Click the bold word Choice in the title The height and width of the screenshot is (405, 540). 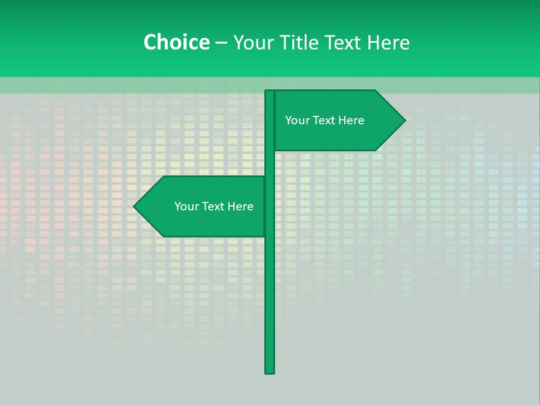tap(176, 42)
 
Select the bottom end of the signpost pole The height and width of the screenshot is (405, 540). tap(270, 371)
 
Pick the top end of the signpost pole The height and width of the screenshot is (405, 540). tap(269, 92)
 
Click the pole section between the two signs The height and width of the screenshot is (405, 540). tap(270, 163)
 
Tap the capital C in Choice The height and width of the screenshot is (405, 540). tap(150, 42)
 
